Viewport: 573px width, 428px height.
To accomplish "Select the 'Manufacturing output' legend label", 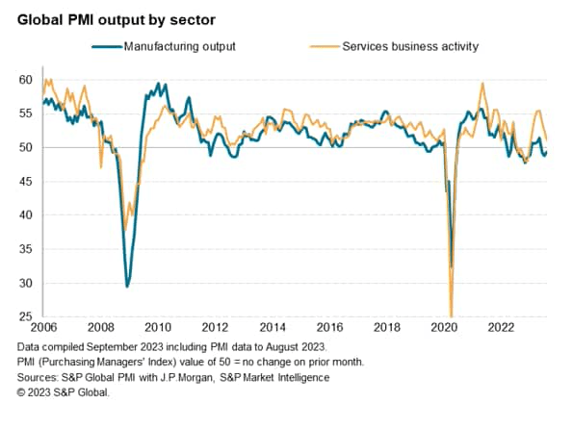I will coord(179,45).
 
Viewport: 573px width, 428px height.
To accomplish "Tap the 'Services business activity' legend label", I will coord(411,45).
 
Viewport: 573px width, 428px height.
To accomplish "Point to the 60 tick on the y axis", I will coord(24,80).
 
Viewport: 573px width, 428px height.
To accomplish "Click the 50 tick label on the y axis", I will coord(24,148).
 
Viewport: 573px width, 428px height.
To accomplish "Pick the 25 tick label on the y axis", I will coord(24,317).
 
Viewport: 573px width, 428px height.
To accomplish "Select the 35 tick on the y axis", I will coord(24,249).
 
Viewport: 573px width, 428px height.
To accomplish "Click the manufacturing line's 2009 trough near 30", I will coord(127,286).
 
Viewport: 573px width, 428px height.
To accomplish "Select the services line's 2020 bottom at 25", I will coord(451,315).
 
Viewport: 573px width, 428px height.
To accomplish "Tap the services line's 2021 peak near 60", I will coord(482,84).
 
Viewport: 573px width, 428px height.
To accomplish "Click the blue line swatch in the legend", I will coord(107,45).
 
